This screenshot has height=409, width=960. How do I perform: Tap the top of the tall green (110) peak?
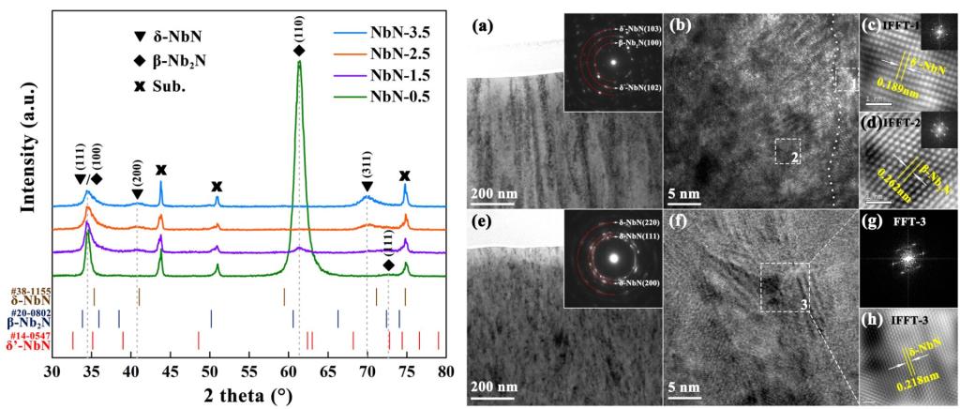(299, 63)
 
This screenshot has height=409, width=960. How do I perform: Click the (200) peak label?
(136, 174)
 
